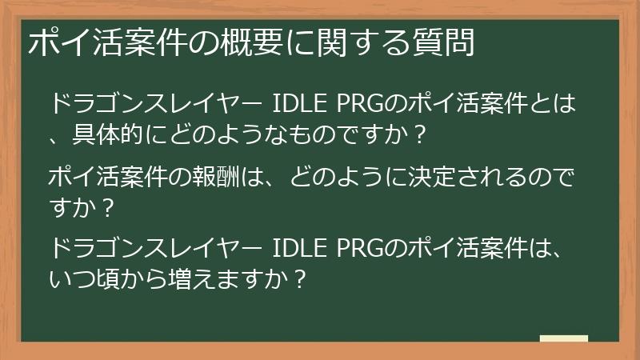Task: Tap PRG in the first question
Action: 358,103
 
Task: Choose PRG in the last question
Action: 358,250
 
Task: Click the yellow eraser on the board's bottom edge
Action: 563,339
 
